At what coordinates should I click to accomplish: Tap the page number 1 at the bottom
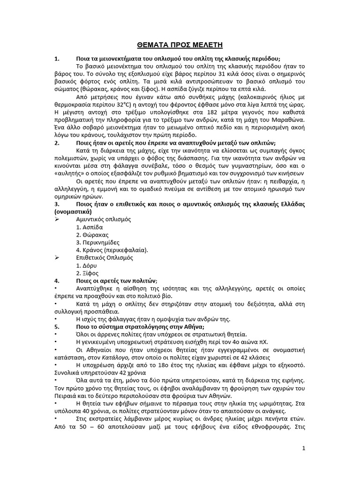click(x=304, y=448)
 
